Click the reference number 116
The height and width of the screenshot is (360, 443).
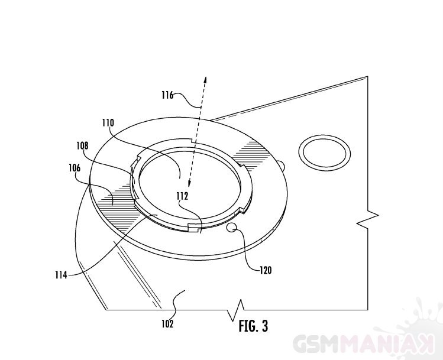pyautogui.click(x=167, y=95)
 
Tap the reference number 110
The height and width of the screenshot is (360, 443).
pyautogui.click(x=108, y=123)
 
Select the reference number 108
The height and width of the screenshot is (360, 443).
pyautogui.click(x=82, y=145)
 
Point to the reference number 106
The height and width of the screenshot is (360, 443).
pyautogui.click(x=75, y=168)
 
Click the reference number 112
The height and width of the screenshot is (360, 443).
pyautogui.click(x=182, y=196)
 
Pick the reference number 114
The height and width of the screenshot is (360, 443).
pyautogui.click(x=61, y=274)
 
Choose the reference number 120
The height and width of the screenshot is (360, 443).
pyautogui.click(x=266, y=270)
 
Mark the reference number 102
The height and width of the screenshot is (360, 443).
pyautogui.click(x=167, y=323)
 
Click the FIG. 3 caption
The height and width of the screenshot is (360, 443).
pyautogui.click(x=253, y=326)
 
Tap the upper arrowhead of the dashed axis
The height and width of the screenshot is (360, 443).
pyautogui.click(x=205, y=80)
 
